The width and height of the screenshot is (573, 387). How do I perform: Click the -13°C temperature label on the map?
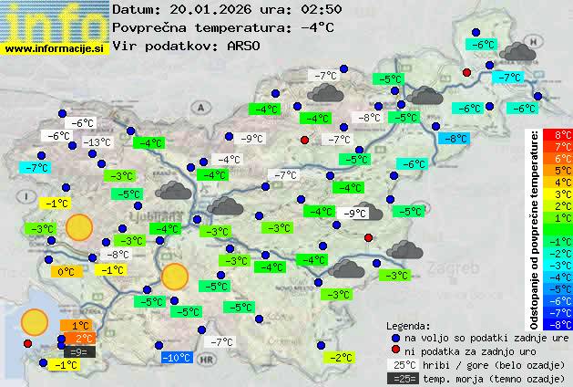point(97,142)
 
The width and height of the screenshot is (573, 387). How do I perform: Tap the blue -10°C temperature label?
point(175,357)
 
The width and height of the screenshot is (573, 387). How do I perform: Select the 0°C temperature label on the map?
point(66,271)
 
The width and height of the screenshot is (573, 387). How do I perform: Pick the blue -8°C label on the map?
point(453,139)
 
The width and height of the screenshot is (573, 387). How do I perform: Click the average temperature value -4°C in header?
point(317,27)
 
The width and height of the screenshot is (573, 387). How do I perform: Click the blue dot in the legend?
point(395,337)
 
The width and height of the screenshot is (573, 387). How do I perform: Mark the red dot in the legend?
point(395,350)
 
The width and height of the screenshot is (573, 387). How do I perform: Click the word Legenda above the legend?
point(408,325)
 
